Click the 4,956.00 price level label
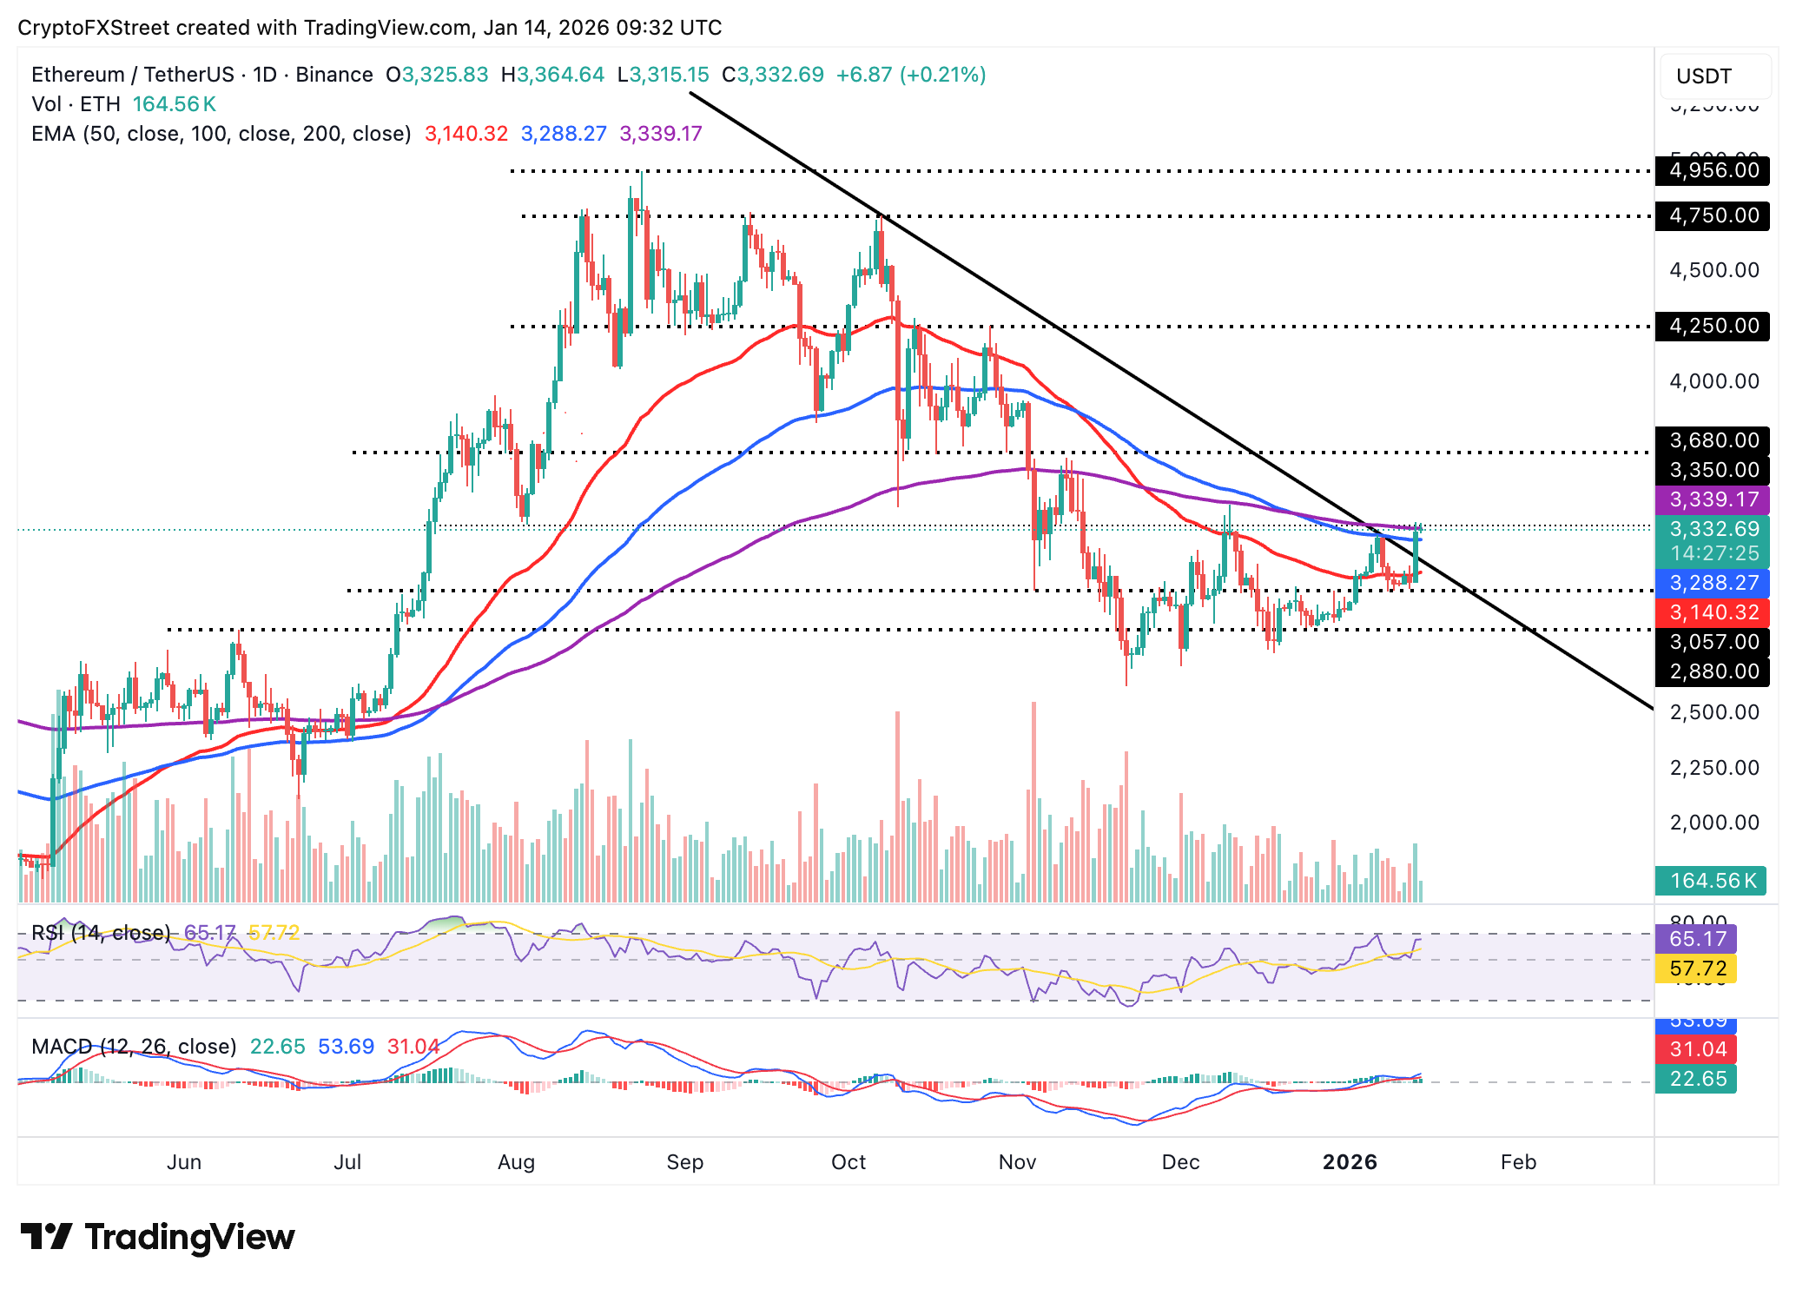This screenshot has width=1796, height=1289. tap(1713, 170)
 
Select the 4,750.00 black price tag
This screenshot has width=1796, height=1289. tap(1713, 215)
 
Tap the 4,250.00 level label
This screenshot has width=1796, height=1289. tap(1713, 326)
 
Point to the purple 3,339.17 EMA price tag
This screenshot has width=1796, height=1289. tap(1713, 499)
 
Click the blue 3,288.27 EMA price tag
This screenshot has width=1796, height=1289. tap(1713, 583)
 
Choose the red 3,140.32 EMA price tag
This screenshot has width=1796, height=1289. tap(1713, 612)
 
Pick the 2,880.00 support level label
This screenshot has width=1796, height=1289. tap(1713, 671)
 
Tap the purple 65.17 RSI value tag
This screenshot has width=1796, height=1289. tap(1697, 939)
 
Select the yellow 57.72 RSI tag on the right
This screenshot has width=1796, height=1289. tap(1697, 968)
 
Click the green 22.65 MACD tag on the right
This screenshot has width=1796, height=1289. tap(1697, 1079)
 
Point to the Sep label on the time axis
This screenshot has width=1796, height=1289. tap(684, 1162)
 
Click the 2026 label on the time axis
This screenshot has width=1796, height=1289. tap(1350, 1162)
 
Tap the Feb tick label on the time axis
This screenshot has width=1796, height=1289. tap(1518, 1162)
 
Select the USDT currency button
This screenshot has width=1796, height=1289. tap(1704, 76)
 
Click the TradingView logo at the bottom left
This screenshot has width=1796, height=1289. tap(157, 1237)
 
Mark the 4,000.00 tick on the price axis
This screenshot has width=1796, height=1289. tap(1713, 381)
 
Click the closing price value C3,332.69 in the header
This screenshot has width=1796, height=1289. tap(774, 75)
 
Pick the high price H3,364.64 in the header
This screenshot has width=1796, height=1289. tap(553, 75)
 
